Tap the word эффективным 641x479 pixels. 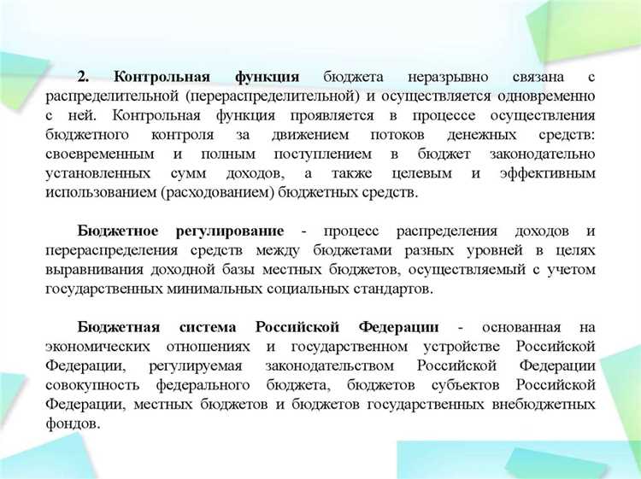coord(544,173)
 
